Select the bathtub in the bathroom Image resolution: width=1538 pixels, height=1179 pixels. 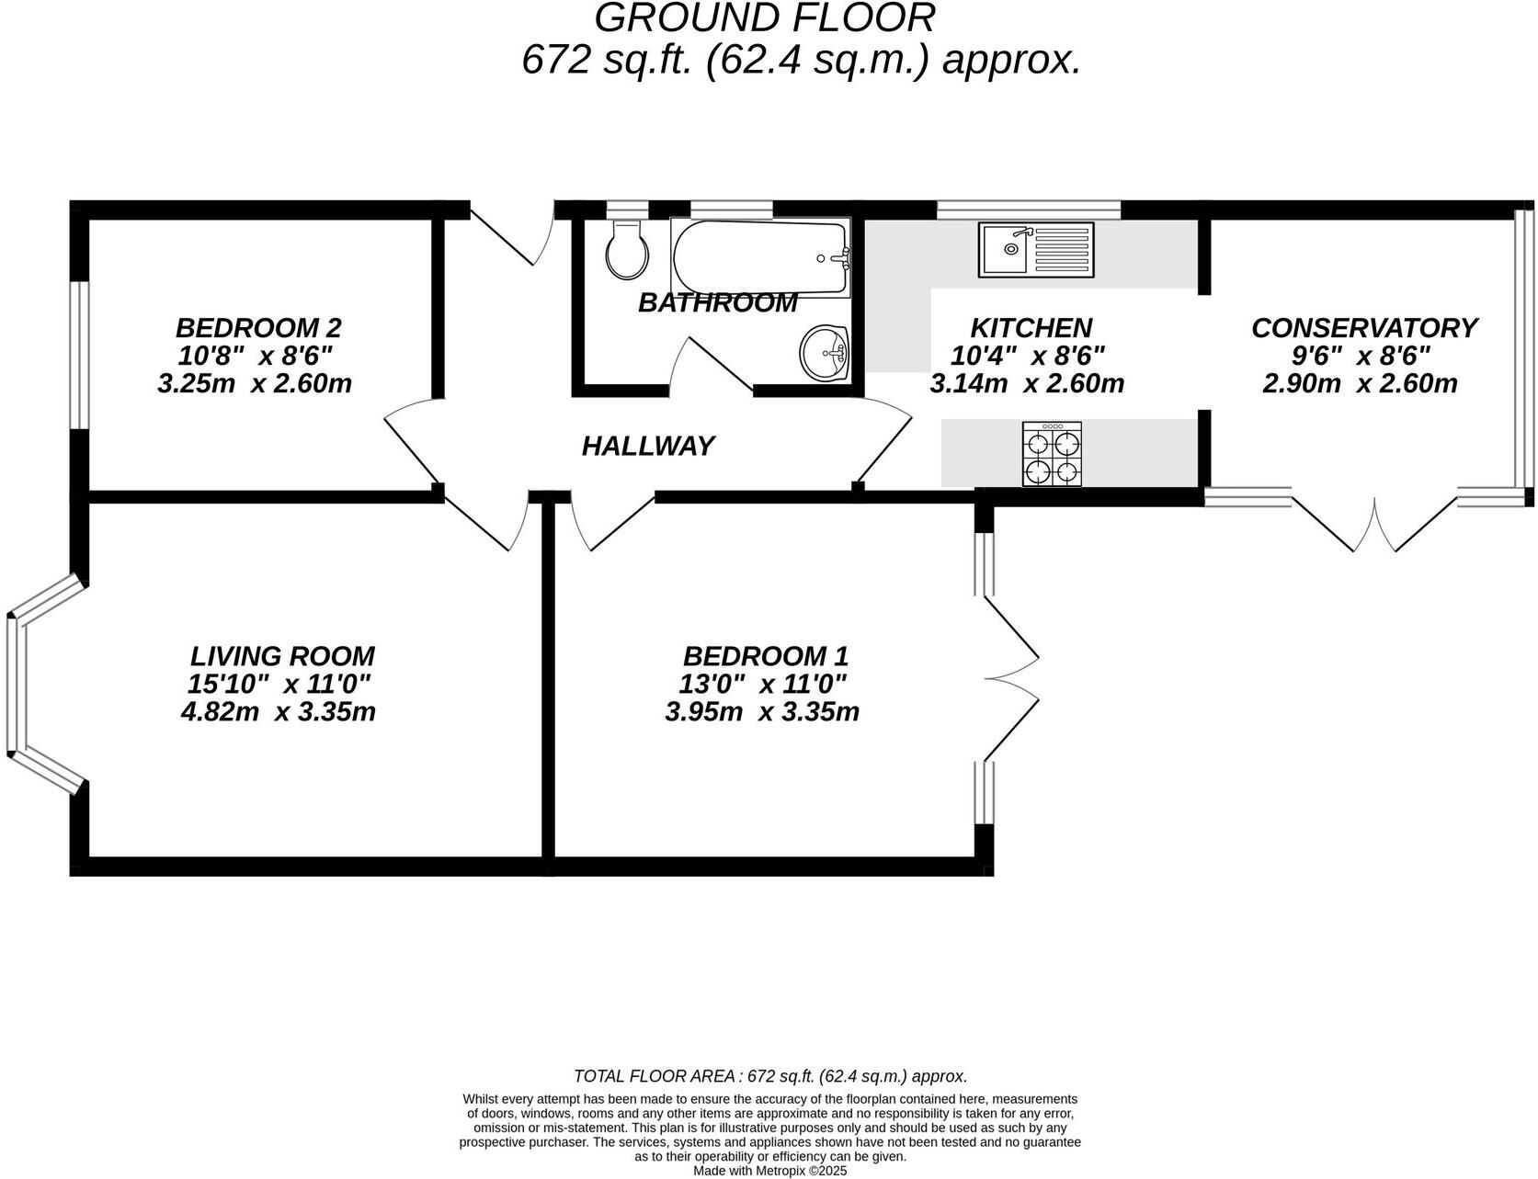759,257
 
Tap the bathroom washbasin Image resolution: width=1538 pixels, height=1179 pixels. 826,352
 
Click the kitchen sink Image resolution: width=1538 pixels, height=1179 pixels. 1036,249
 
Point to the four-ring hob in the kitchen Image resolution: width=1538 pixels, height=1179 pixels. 1052,454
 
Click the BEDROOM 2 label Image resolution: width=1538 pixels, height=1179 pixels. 258,327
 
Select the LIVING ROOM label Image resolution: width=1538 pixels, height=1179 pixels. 282,656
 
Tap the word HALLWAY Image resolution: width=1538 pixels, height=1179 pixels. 647,446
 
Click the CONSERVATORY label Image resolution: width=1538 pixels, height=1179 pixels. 1363,327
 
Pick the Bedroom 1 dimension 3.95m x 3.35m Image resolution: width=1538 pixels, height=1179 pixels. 761,711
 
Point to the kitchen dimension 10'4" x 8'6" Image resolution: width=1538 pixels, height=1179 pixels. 1028,355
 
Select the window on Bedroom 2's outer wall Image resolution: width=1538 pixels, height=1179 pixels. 80,355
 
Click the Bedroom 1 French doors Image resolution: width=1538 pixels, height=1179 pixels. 1012,680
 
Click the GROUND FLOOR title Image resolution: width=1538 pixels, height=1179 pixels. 765,18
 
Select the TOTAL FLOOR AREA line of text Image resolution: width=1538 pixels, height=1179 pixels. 769,1076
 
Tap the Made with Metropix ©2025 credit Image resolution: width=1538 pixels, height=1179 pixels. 769,1171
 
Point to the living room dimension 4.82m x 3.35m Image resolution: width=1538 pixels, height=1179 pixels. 279,711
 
